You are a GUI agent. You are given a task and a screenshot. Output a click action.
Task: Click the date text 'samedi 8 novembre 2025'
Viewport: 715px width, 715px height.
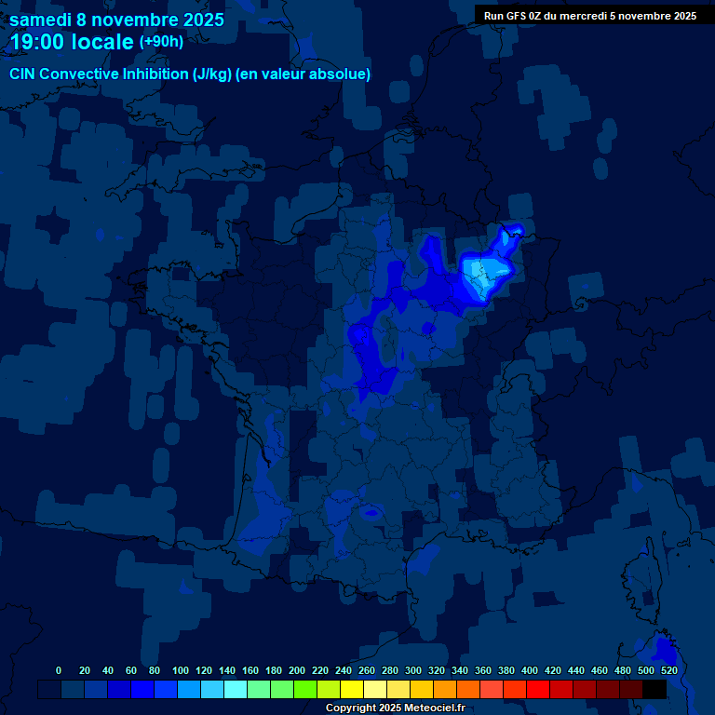pyautogui.click(x=116, y=20)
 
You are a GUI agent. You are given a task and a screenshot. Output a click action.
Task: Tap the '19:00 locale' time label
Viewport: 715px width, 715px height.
pyautogui.click(x=74, y=42)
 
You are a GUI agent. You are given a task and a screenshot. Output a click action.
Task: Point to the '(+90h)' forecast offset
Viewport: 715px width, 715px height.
pyautogui.click(x=161, y=42)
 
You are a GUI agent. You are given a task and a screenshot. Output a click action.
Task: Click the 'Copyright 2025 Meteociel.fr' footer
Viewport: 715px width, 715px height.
pyautogui.click(x=395, y=708)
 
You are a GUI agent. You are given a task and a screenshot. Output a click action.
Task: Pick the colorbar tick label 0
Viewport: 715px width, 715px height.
pyautogui.click(x=59, y=670)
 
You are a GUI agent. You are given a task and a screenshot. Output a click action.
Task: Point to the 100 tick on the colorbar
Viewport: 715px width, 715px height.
pyautogui.click(x=181, y=670)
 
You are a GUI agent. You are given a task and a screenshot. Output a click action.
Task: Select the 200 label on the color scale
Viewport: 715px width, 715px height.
pyautogui.click(x=297, y=670)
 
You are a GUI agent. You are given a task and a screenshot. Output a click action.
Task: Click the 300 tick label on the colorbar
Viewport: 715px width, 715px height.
pyautogui.click(x=413, y=670)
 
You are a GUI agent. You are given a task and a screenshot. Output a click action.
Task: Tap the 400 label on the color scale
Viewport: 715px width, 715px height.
pyautogui.click(x=530, y=670)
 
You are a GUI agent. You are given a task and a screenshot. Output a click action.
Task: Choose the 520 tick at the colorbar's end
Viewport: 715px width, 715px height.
pyautogui.click(x=668, y=670)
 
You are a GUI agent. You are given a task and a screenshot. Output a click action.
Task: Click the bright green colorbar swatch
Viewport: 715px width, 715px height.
pyautogui.click(x=305, y=689)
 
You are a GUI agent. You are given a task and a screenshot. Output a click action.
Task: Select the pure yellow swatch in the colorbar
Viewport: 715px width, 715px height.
pyautogui.click(x=352, y=689)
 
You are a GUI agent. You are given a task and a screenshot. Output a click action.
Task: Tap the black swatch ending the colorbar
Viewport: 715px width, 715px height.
pyautogui.click(x=654, y=689)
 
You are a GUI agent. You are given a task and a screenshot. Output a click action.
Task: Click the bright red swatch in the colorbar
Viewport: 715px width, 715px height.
pyautogui.click(x=538, y=689)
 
